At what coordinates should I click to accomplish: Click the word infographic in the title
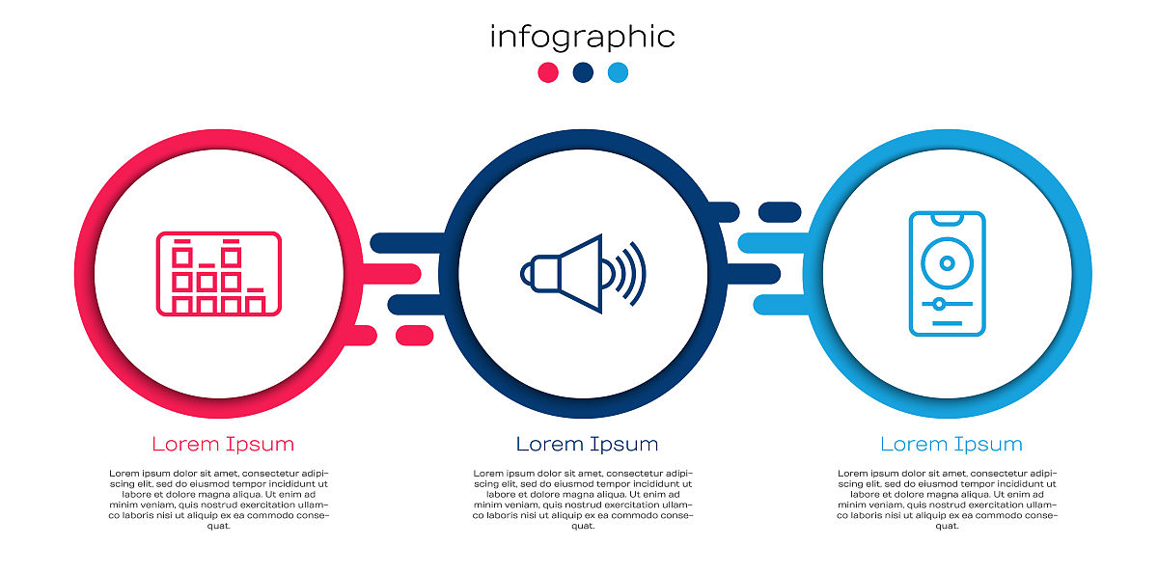click(582, 38)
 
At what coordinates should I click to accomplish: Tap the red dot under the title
click(548, 72)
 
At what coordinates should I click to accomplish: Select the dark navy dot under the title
click(583, 72)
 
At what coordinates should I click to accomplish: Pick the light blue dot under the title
click(618, 72)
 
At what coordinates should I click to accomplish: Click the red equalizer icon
click(219, 273)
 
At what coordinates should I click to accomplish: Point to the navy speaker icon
click(583, 273)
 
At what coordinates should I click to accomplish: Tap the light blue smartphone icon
click(947, 273)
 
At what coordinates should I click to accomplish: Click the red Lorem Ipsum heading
click(223, 444)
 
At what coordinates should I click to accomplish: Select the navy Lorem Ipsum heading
click(588, 444)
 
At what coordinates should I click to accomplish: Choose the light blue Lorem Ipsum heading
click(951, 444)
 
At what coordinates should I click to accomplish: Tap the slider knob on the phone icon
click(939, 304)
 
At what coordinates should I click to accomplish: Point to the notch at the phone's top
click(947, 219)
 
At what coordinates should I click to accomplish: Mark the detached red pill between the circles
click(414, 336)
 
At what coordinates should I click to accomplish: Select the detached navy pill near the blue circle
click(780, 212)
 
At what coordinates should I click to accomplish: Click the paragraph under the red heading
click(219, 499)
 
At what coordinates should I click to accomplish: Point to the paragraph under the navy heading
click(583, 499)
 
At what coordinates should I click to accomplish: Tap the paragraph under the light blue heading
click(947, 499)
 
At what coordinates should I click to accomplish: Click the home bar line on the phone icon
click(947, 323)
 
